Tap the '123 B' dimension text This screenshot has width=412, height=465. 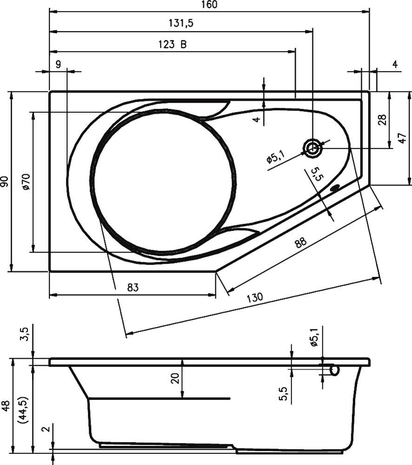pos(172,45)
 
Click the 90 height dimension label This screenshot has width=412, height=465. pos(5,181)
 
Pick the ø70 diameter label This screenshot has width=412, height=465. pos(26,181)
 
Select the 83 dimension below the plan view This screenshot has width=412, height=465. pos(133,288)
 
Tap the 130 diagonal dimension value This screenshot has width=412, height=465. pos(254,297)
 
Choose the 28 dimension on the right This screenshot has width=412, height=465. pos(382,120)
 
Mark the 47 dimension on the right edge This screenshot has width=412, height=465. pos(403,138)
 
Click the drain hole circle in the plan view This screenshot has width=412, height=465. pos(312,148)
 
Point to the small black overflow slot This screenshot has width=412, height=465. pos(335,188)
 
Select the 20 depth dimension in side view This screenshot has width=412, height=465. pos(175,378)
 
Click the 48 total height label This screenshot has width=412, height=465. pos(6,405)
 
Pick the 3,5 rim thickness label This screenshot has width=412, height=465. pos(25,334)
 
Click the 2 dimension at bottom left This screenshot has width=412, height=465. pos(45,429)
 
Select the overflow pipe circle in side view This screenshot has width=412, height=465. pos(334,370)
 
